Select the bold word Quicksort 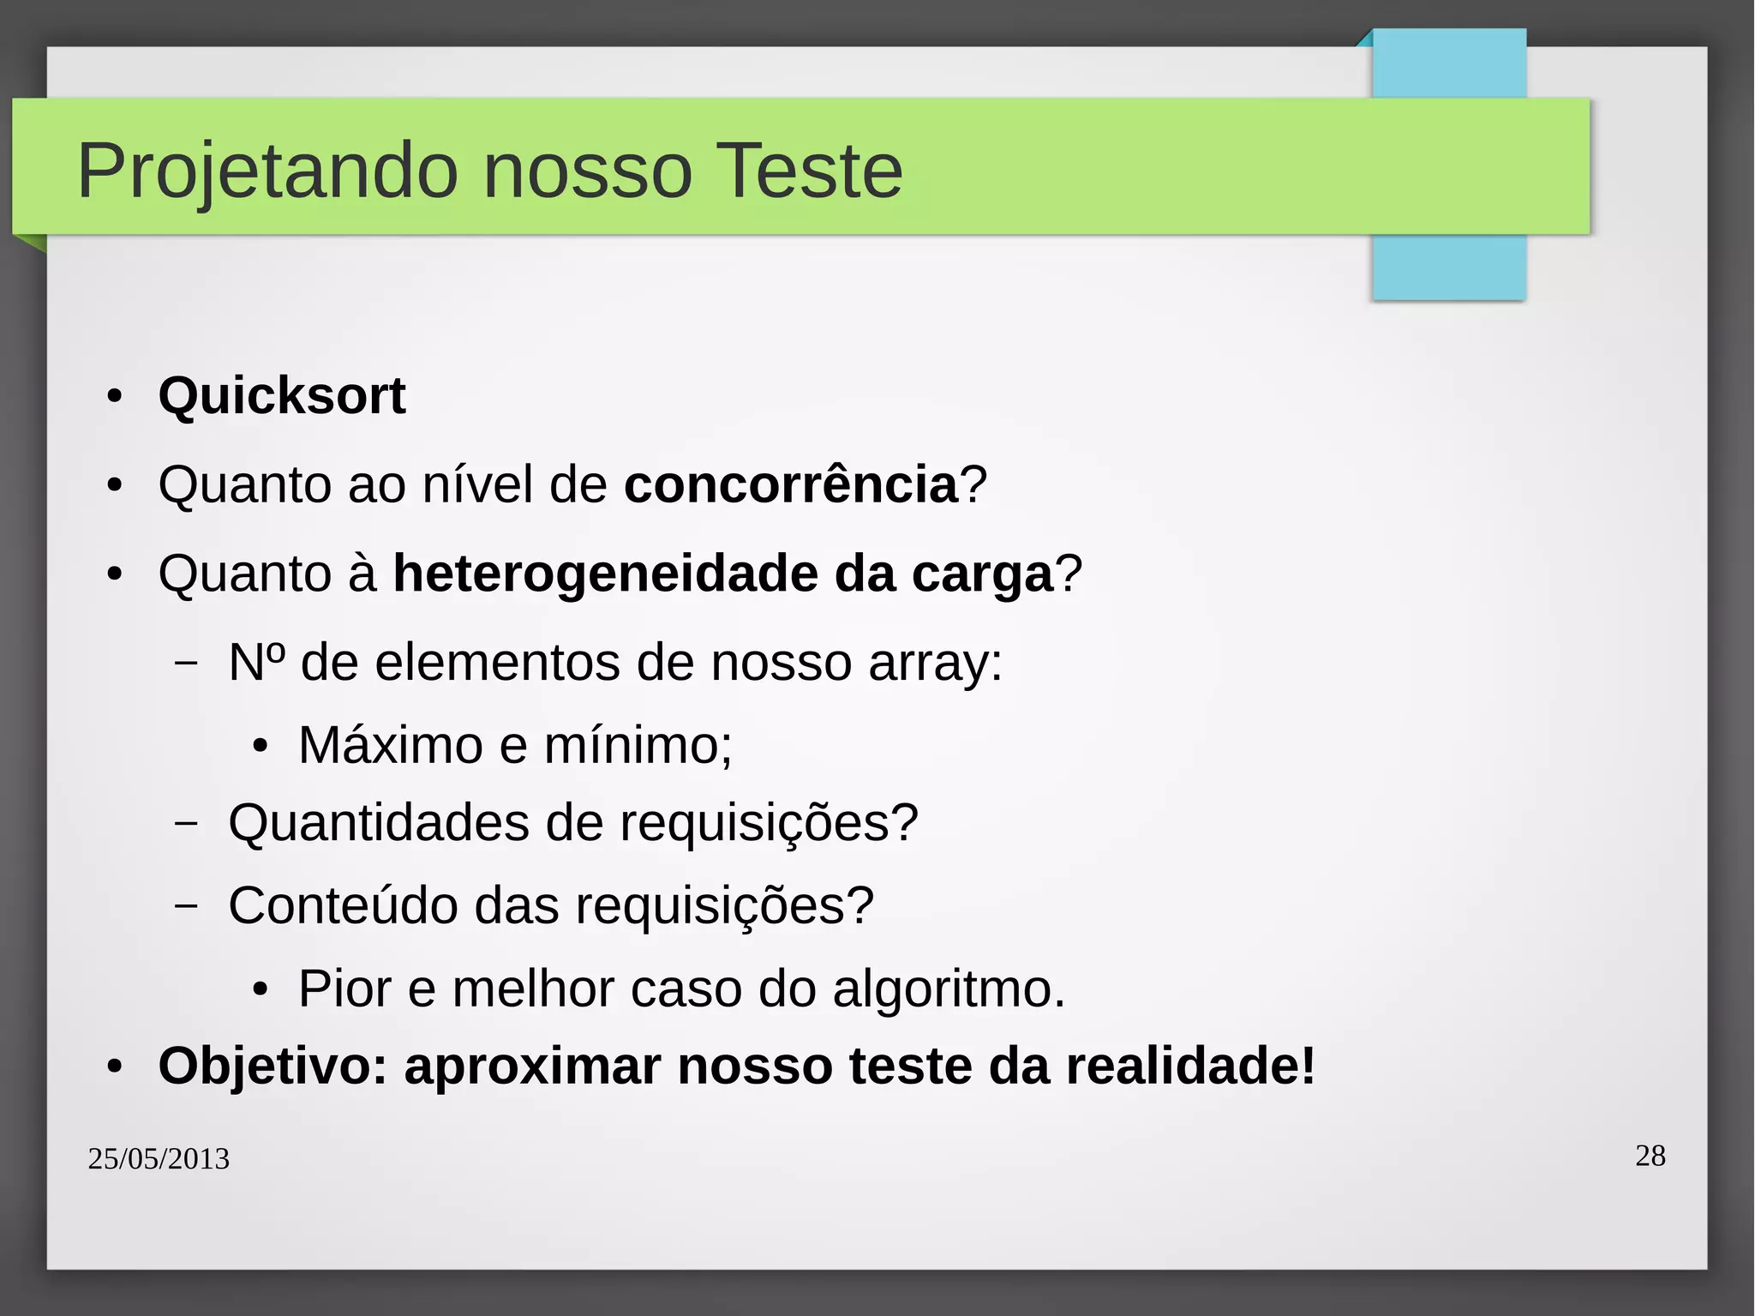282,396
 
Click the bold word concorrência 790,484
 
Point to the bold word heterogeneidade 605,574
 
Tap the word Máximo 390,744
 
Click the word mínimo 638,744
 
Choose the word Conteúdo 343,905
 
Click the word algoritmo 949,989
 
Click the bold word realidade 1189,1066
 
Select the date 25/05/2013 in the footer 159,1159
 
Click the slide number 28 1650,1156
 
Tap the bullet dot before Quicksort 115,397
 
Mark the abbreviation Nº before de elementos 256,663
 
